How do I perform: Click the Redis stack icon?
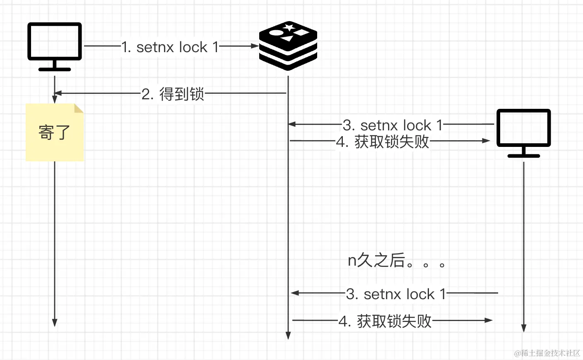(x=288, y=46)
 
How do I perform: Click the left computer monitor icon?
(x=55, y=47)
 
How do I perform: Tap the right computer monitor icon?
(x=524, y=133)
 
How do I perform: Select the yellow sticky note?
(x=55, y=132)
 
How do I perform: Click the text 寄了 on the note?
(x=54, y=132)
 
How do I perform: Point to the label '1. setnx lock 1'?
(x=170, y=47)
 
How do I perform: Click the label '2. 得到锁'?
(x=173, y=94)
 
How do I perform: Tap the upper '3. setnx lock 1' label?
(x=393, y=125)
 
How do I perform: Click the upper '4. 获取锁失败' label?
(x=383, y=142)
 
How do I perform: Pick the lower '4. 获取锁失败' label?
(x=385, y=321)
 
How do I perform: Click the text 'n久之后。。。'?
(x=396, y=260)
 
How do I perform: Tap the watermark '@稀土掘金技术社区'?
(x=547, y=353)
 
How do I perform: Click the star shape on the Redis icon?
(x=289, y=27)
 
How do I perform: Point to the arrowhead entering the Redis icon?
(x=255, y=46)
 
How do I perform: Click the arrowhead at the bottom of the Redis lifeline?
(x=288, y=336)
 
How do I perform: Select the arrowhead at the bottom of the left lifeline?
(x=55, y=323)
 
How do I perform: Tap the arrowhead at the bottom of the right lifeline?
(x=524, y=329)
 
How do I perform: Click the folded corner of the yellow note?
(x=79, y=108)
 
